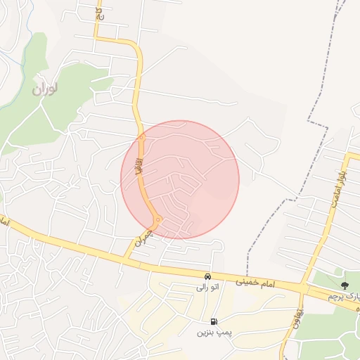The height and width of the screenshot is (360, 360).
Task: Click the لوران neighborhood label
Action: coord(46,89)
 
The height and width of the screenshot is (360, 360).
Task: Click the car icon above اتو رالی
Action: coord(208,276)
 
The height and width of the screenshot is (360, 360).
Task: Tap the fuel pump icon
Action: coord(213,321)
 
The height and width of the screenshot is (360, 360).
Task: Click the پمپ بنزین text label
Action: coord(213,332)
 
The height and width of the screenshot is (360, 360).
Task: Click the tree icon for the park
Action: coord(345,285)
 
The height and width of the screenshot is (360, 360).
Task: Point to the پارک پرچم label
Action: coord(344,297)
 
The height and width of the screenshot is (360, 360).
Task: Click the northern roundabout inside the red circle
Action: coord(141,138)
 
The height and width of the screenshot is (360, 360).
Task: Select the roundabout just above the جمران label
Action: coord(159,220)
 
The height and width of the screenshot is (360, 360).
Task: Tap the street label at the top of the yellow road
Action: coord(98,12)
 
